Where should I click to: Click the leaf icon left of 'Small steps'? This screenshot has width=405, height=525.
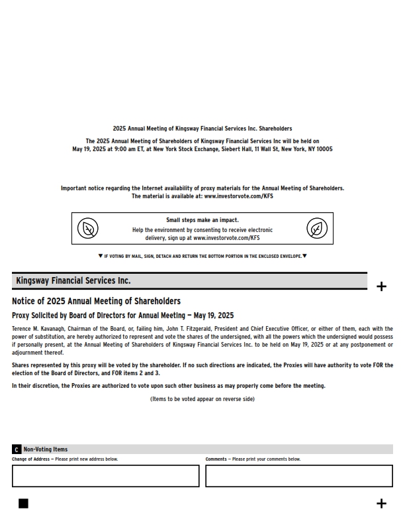(87, 229)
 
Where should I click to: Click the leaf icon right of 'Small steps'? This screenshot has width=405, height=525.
(317, 229)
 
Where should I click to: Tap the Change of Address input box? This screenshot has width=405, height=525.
(105, 476)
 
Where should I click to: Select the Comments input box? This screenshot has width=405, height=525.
(298, 476)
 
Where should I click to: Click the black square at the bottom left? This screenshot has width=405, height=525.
(23, 504)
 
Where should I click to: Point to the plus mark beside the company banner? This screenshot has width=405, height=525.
(381, 286)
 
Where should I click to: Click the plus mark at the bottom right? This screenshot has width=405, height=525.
(381, 504)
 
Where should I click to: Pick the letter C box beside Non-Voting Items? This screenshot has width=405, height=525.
(17, 449)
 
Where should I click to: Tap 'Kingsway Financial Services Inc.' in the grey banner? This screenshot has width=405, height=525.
(73, 281)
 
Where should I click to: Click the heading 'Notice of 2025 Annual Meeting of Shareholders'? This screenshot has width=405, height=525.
(96, 302)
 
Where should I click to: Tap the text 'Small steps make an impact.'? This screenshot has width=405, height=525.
(202, 220)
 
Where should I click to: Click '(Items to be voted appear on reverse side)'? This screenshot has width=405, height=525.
(202, 399)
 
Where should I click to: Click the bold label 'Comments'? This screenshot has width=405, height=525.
(216, 459)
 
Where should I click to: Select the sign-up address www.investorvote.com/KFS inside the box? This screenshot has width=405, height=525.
(226, 237)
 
